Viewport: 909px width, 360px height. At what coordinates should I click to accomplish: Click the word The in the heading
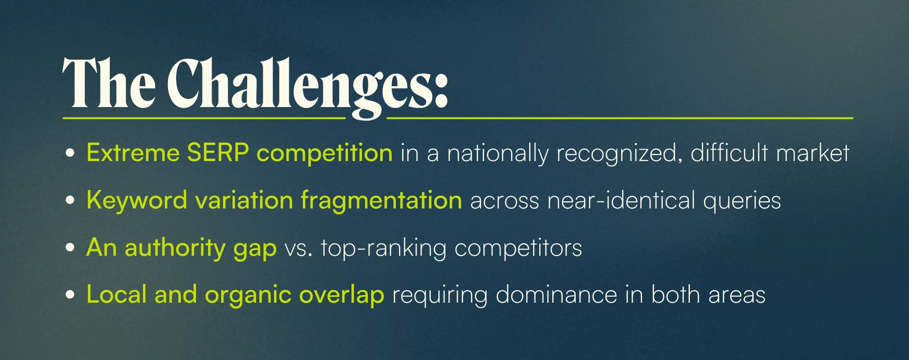[109, 83]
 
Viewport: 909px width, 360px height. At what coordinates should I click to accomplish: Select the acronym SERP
[218, 153]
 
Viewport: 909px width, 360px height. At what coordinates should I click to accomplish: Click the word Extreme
[133, 153]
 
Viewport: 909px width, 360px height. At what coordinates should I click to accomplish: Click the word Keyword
[137, 200]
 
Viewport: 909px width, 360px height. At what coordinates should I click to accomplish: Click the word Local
[116, 294]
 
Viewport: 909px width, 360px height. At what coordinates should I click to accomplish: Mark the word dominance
[556, 294]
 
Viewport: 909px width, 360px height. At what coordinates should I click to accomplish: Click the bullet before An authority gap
[70, 247]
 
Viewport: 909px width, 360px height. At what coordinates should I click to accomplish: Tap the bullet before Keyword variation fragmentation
[70, 200]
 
